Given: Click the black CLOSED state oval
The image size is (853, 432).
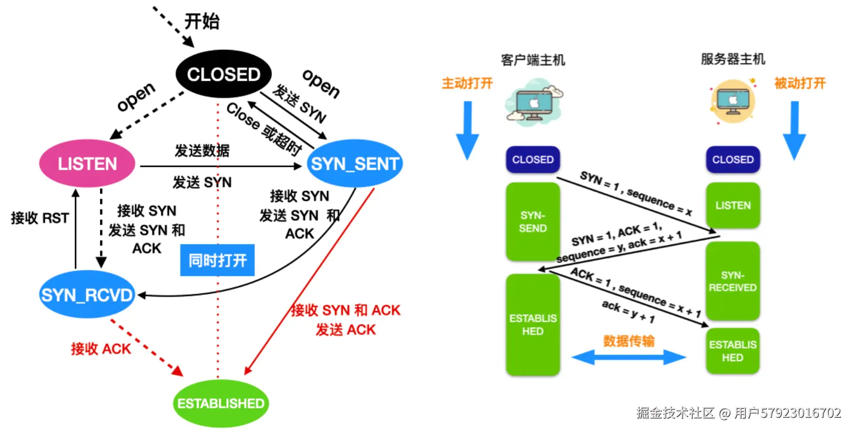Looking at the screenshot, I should tap(224, 74).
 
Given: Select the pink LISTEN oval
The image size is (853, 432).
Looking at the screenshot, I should tap(87, 163).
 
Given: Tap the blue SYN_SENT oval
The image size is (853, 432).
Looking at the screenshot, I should tap(355, 163).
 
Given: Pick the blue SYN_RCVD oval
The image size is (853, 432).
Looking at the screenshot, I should tap(87, 295).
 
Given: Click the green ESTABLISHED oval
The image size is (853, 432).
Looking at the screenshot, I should tap(221, 403).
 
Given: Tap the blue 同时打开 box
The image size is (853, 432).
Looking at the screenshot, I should tap(217, 260).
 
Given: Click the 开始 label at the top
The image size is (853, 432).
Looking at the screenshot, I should tap(202, 22).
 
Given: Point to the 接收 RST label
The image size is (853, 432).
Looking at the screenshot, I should tap(40, 218).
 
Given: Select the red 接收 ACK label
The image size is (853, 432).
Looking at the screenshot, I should tap(101, 348).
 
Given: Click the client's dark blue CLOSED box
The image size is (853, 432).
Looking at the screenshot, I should tap(533, 159).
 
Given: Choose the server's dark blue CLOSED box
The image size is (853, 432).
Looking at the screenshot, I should tap(733, 159).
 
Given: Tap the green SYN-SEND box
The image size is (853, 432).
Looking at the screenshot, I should tap(533, 221).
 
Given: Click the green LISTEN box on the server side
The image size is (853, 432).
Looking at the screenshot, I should tap(733, 205).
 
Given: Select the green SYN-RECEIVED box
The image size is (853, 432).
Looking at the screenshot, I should tap(733, 281).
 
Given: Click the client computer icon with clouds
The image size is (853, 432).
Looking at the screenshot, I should tap(533, 101).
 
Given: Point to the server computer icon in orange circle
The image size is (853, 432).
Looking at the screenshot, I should tap(733, 101).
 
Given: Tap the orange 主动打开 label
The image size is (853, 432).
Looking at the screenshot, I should tap(467, 83).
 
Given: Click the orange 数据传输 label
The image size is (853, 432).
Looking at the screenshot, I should tap(628, 341).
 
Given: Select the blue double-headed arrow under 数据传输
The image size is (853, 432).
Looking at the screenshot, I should tap(628, 358).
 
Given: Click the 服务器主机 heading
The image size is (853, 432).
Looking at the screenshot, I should tap(733, 59).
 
